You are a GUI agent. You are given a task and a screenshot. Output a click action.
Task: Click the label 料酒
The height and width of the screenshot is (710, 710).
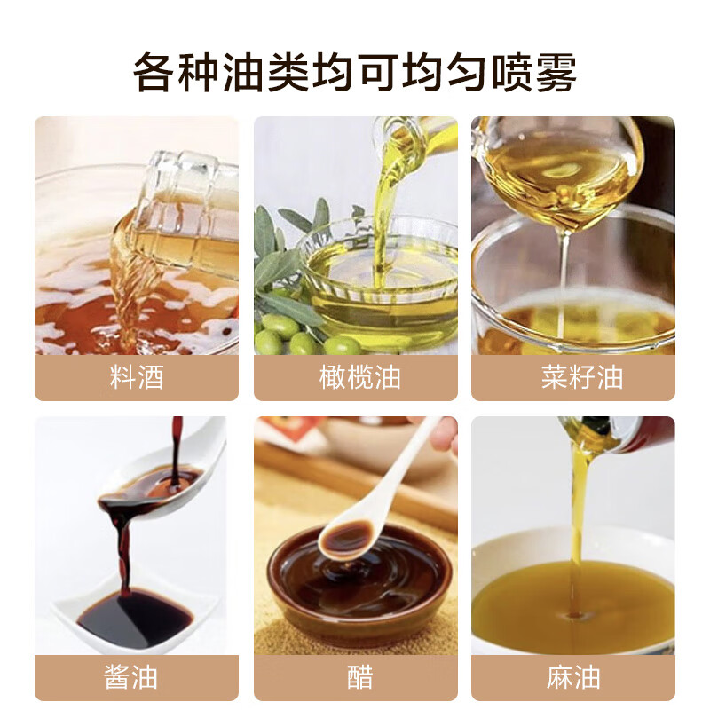pyautogui.click(x=136, y=377)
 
